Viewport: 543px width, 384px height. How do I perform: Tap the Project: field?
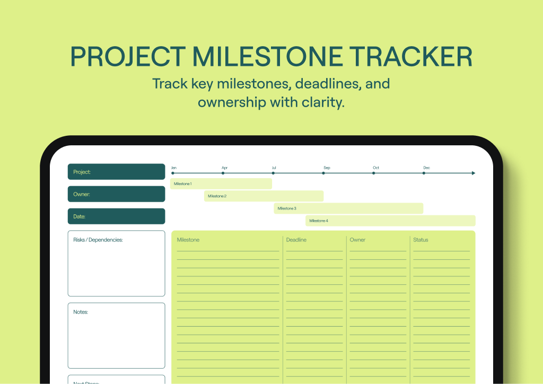tap(116, 172)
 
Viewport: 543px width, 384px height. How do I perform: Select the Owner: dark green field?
tap(116, 194)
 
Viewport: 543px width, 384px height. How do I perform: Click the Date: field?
tap(116, 216)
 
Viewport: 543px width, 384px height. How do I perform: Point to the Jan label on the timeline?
tap(173, 168)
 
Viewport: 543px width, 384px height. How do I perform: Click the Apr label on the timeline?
tap(224, 168)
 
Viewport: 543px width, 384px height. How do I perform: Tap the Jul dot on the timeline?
tap(274, 173)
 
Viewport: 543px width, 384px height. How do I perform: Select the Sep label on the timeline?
tap(327, 168)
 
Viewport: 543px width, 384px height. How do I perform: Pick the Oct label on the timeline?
tap(376, 168)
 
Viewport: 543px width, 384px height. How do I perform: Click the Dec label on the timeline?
tap(426, 168)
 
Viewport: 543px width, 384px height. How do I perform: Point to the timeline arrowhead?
tap(473, 173)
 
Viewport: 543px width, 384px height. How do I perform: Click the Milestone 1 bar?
tap(221, 184)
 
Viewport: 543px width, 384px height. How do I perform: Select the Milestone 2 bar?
tap(264, 196)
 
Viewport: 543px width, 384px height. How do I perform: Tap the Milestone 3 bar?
tap(348, 208)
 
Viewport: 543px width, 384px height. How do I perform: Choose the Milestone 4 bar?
tap(390, 221)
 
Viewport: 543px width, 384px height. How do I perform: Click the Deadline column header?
tap(296, 240)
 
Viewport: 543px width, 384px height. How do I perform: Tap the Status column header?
tap(421, 240)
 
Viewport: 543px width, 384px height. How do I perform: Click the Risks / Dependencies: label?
tap(98, 240)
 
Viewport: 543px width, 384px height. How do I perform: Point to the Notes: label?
tap(81, 312)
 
